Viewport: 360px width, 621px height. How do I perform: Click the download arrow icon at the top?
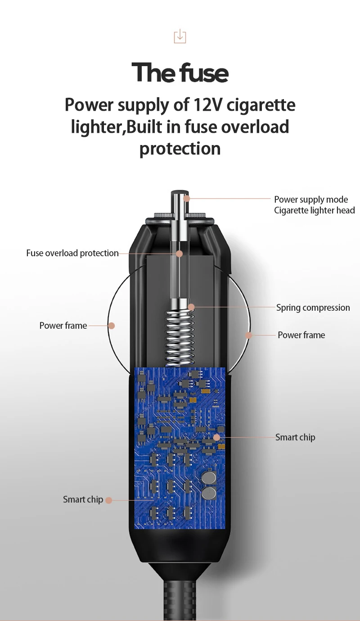(x=180, y=36)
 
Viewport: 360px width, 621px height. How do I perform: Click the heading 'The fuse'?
(x=180, y=73)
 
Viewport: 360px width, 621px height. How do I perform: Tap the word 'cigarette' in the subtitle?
(x=261, y=105)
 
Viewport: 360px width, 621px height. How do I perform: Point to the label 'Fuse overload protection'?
(x=72, y=253)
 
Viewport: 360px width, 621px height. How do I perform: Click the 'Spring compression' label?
(x=313, y=308)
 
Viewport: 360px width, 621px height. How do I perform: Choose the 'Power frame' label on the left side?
(x=63, y=326)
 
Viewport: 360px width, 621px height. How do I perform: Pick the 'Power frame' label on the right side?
(x=301, y=335)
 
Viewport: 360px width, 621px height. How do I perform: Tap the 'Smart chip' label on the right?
(x=295, y=437)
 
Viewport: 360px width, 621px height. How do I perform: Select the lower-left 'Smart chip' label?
(x=83, y=499)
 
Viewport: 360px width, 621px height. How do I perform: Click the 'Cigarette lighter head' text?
(x=314, y=210)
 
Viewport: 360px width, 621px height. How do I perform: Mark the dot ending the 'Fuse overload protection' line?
(x=179, y=254)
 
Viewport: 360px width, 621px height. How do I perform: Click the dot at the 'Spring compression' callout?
(x=191, y=308)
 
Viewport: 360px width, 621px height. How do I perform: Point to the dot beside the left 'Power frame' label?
(x=112, y=326)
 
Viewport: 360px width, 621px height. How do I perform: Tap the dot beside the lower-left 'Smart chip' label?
(x=108, y=500)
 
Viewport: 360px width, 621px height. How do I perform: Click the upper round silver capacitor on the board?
(x=208, y=477)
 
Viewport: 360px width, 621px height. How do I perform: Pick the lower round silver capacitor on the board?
(x=208, y=493)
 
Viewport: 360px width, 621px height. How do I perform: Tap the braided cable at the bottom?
(x=180, y=599)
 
